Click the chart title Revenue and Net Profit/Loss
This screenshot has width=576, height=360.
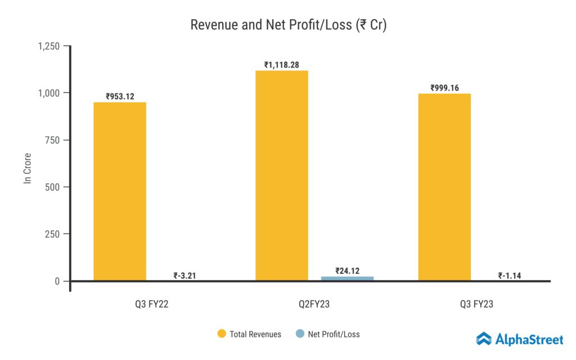[x=288, y=25]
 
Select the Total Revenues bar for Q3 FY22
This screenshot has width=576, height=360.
[x=120, y=191]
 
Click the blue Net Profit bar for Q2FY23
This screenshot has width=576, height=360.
[x=347, y=278]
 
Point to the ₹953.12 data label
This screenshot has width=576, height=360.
[x=120, y=97]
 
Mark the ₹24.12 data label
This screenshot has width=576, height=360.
[x=347, y=271]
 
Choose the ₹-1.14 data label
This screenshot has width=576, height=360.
[x=510, y=276]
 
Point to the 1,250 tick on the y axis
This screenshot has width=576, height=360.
[x=49, y=46]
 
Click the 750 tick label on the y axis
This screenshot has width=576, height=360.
[x=53, y=139]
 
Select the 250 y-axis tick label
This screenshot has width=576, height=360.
[x=53, y=234]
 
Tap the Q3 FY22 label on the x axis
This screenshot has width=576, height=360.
[x=147, y=304]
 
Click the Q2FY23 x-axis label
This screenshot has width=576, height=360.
[x=314, y=304]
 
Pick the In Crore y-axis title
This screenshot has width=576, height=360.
[x=27, y=168]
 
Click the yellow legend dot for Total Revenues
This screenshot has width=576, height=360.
[x=222, y=334]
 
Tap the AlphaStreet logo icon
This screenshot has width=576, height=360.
[x=484, y=339]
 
